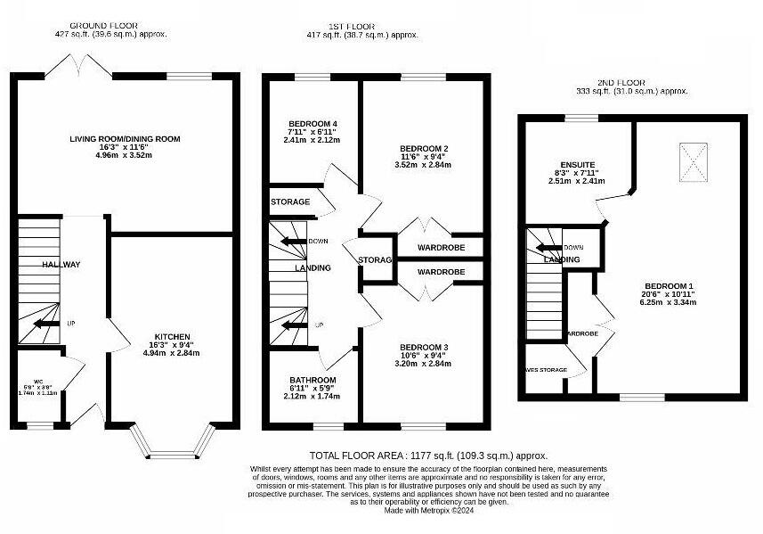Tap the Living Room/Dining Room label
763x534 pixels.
[x=126, y=139]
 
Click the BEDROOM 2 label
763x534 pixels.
[x=423, y=148]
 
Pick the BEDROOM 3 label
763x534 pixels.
[x=423, y=347]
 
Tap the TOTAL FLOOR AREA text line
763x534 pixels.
[x=428, y=456]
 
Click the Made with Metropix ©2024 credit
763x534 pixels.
[x=429, y=510]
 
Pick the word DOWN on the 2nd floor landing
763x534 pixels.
[x=573, y=247]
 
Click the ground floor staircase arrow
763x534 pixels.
[x=38, y=325]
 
